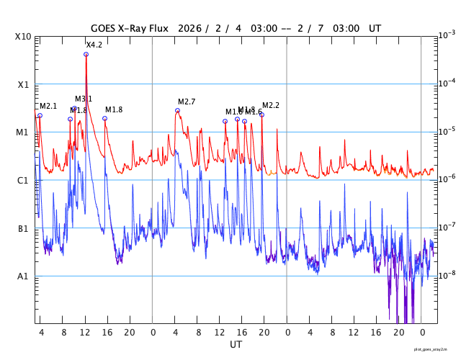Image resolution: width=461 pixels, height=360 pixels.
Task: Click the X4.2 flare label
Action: click(94, 45)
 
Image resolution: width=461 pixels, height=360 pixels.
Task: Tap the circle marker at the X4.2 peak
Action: click(86, 54)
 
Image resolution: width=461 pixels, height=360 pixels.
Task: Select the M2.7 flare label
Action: click(187, 102)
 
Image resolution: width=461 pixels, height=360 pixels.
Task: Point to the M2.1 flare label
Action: click(48, 107)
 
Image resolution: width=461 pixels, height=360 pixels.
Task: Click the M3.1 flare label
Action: click(84, 99)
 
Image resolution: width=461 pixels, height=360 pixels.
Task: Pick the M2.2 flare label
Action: click(271, 105)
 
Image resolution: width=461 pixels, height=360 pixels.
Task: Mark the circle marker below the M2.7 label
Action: click(177, 110)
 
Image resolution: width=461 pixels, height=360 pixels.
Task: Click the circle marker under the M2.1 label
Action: click(40, 115)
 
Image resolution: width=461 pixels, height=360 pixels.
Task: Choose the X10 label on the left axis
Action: click(24, 37)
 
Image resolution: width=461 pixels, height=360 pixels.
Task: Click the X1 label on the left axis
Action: click(24, 84)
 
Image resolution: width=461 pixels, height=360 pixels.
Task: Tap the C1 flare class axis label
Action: click(24, 180)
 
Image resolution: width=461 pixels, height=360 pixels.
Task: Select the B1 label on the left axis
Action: click(24, 228)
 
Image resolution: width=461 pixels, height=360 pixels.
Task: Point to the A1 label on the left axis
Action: click(24, 276)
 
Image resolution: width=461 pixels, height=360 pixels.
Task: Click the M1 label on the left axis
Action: click(24, 132)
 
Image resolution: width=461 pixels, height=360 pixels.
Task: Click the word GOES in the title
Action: click(105, 28)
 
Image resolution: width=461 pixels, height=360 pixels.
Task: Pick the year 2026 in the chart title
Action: click(187, 28)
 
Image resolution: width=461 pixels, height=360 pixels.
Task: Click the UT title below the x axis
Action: click(236, 345)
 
